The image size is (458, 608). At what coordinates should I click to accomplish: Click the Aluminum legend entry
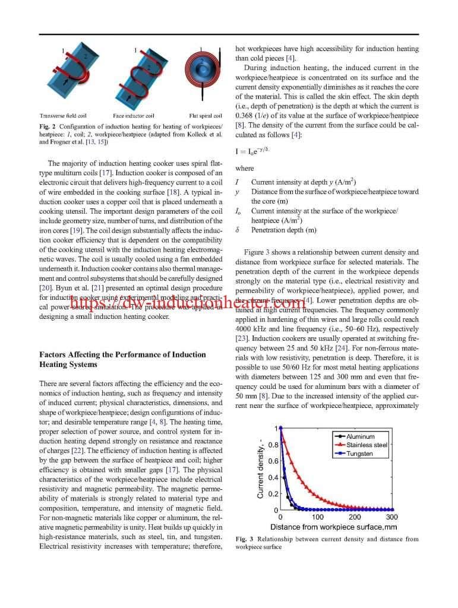360,436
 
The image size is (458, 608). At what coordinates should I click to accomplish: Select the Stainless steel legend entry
367,445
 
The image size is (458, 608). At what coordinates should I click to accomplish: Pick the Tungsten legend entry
360,454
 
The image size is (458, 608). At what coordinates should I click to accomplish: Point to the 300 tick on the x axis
391,517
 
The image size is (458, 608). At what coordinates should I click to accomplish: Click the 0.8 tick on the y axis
273,445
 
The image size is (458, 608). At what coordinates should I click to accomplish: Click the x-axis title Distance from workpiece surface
333,527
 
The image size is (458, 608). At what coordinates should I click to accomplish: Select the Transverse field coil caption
64,116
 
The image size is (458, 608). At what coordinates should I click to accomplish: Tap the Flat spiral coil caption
205,116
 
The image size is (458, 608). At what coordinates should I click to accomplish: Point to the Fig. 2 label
47,126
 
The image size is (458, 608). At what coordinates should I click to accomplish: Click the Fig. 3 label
243,539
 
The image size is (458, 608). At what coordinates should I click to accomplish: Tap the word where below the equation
244,168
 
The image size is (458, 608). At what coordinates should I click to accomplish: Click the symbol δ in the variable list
238,230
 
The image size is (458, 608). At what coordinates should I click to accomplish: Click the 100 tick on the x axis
318,517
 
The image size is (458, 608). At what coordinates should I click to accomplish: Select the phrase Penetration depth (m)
283,230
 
